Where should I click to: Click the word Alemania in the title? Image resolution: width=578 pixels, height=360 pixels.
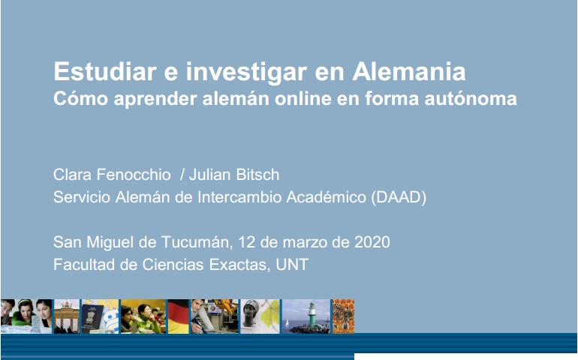pyautogui.click(x=409, y=71)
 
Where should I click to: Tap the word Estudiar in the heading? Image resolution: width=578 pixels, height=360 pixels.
pyautogui.click(x=105, y=71)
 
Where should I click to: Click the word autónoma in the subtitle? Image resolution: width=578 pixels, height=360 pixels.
pyautogui.click(x=471, y=98)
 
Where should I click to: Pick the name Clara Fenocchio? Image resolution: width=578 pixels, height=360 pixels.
pyautogui.click(x=112, y=175)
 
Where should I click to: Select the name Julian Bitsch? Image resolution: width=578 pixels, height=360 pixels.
pyautogui.click(x=234, y=175)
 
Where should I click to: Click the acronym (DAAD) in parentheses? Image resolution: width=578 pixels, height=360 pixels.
pyautogui.click(x=399, y=197)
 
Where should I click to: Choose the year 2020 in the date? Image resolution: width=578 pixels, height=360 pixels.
pyautogui.click(x=372, y=242)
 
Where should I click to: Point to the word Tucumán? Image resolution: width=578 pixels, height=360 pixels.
pyautogui.click(x=197, y=242)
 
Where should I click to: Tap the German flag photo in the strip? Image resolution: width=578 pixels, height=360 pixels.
pyautogui.click(x=179, y=316)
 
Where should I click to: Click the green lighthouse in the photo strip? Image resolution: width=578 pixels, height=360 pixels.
pyautogui.click(x=312, y=314)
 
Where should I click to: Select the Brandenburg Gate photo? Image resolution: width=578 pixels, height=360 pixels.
pyautogui.click(x=67, y=316)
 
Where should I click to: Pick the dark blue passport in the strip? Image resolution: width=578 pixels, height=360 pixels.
pyautogui.click(x=92, y=318)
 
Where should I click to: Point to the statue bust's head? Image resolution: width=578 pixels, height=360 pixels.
pyautogui.click(x=251, y=309)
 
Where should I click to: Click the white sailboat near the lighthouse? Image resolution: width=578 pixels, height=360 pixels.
pyautogui.click(x=287, y=324)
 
